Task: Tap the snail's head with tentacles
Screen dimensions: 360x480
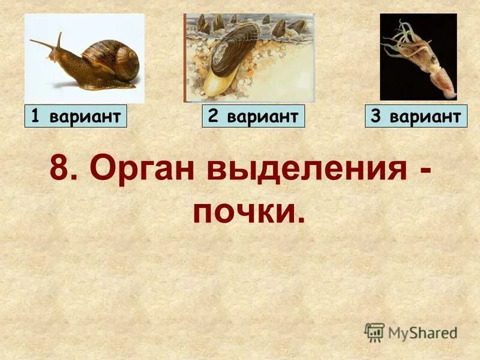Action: pos(54,51)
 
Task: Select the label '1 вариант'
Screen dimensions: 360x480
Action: pos(76,116)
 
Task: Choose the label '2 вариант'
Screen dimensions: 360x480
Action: pos(253,116)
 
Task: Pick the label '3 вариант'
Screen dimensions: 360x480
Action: pos(416,116)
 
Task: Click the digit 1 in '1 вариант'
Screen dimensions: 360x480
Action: pos(35,116)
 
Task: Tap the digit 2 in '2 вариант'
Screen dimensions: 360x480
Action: pos(212,116)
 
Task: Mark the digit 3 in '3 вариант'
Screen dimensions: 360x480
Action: pos(376,116)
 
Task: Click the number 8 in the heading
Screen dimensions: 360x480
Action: pos(61,169)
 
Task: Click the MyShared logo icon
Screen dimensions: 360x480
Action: pos(374,332)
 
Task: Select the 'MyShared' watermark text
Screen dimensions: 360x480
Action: pos(422,333)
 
